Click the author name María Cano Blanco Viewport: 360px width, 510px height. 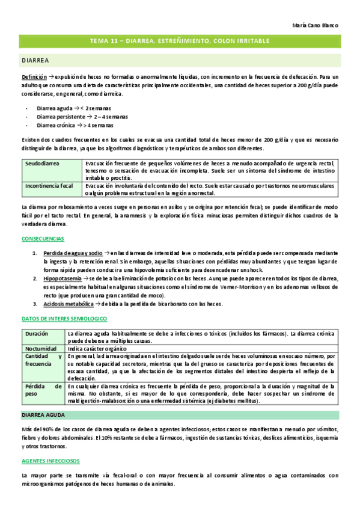[316, 26]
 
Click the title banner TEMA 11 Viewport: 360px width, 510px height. [180, 41]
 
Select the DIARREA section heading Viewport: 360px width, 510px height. [35, 61]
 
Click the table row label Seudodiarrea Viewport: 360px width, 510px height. [42, 163]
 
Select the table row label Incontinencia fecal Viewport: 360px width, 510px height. [49, 186]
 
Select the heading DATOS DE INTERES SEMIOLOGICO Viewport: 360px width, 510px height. [64, 318]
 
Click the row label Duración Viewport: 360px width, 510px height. [37, 333]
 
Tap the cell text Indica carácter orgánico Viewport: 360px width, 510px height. [97, 348]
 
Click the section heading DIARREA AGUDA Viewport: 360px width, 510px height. [43, 398]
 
